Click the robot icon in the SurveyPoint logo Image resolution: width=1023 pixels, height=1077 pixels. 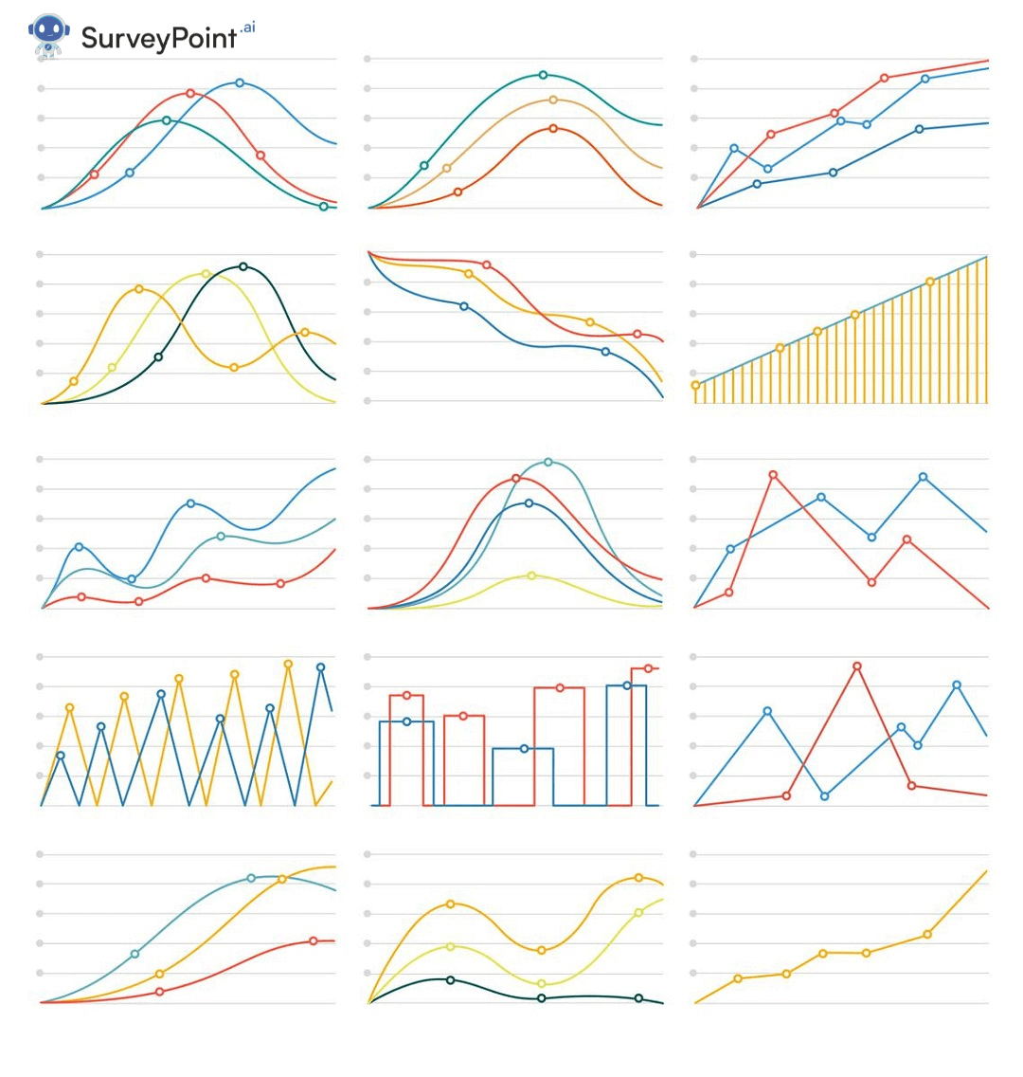pos(48,36)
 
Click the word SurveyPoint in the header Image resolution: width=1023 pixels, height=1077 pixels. pos(158,38)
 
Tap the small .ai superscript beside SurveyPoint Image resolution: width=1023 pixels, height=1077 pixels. pos(248,27)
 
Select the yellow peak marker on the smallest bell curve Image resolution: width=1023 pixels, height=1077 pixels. pos(531,575)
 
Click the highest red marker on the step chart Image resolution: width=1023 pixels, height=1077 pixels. pos(649,668)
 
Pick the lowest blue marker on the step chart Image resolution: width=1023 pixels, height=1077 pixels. pos(524,749)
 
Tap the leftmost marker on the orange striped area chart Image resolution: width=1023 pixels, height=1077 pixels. pos(696,385)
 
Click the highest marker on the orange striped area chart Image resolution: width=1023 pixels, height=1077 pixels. pos(929,282)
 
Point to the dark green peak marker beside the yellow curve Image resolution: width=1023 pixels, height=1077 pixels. pos(243,266)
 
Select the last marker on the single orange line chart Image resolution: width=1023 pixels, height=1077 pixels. pos(927,934)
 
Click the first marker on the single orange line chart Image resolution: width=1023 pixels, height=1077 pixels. pos(738,978)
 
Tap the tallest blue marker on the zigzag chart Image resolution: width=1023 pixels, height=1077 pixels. pos(320,667)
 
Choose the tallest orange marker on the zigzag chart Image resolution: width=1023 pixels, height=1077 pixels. pos(288,665)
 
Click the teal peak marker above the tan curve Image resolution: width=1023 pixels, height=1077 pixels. pos(543,75)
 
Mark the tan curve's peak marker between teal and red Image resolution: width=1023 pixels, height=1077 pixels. pos(553,100)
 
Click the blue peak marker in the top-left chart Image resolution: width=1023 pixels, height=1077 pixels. pos(239,82)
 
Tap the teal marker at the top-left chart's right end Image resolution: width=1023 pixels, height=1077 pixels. pos(323,206)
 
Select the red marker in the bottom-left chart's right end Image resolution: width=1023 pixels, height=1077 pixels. pos(313,940)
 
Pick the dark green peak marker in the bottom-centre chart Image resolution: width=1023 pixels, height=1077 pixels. pos(450,979)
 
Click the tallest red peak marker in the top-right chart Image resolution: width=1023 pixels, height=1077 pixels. pos(884,78)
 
